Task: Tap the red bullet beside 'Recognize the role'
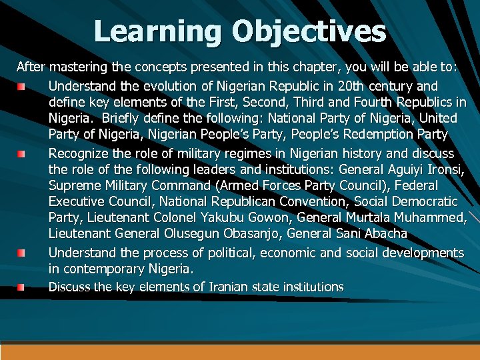tap(22, 154)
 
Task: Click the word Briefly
tap(132, 119)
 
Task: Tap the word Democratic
tap(423, 202)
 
